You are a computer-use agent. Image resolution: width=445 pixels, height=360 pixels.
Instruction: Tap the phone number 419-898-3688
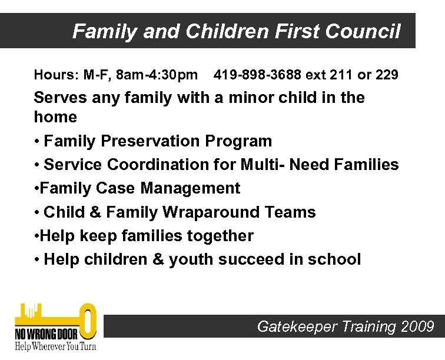tap(256, 75)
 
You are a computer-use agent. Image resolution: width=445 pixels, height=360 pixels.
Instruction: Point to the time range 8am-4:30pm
tap(157, 75)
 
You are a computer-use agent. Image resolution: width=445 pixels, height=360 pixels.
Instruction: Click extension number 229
tap(387, 75)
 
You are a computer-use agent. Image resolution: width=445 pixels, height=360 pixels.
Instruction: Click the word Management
tap(190, 188)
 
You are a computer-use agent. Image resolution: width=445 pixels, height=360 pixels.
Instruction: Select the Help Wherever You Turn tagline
tap(55, 346)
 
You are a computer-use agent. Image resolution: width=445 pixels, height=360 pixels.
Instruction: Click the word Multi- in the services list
tap(260, 165)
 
